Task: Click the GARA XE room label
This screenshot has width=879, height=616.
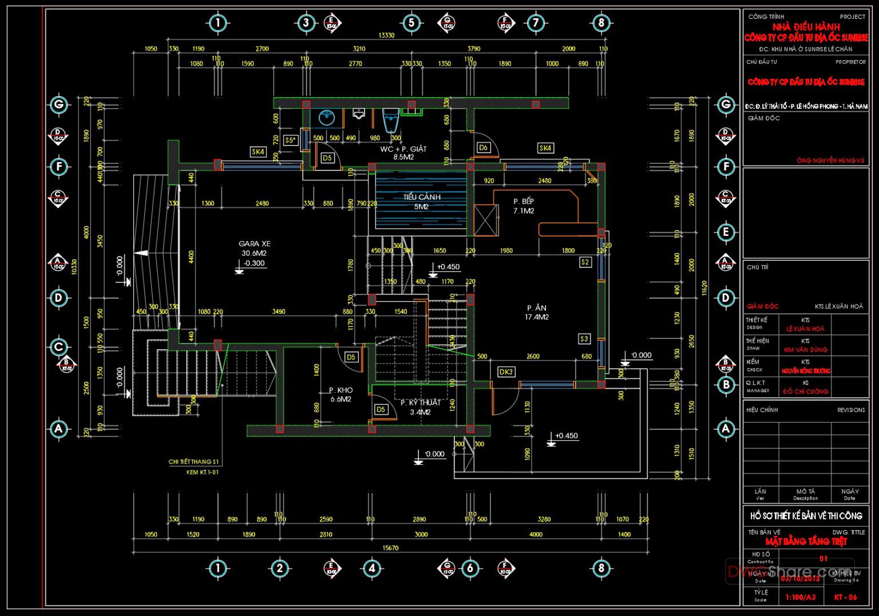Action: pyautogui.click(x=254, y=244)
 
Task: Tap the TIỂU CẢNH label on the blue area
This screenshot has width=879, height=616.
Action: pyautogui.click(x=422, y=198)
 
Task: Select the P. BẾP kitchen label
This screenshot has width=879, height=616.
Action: pyautogui.click(x=523, y=202)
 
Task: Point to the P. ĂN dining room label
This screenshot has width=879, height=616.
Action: pyautogui.click(x=536, y=308)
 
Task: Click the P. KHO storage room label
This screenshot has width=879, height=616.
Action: pyautogui.click(x=340, y=390)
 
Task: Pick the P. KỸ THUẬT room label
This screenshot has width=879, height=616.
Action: pyautogui.click(x=420, y=403)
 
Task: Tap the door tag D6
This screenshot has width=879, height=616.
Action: pyautogui.click(x=483, y=148)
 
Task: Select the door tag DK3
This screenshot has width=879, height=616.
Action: pyautogui.click(x=506, y=372)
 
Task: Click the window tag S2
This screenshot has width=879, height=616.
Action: pyautogui.click(x=585, y=262)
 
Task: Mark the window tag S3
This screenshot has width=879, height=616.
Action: pyautogui.click(x=584, y=339)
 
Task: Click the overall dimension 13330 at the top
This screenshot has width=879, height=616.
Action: pyautogui.click(x=386, y=35)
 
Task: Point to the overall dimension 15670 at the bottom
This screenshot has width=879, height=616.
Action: pyautogui.click(x=390, y=548)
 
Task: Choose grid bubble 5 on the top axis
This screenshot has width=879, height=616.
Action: pyautogui.click(x=411, y=23)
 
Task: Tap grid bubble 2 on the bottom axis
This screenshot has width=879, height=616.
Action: pyautogui.click(x=279, y=568)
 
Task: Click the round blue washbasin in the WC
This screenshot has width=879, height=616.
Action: pyautogui.click(x=327, y=118)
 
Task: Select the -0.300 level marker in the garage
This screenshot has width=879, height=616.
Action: pyautogui.click(x=254, y=263)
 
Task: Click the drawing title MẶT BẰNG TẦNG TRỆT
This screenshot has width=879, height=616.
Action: pyautogui.click(x=806, y=542)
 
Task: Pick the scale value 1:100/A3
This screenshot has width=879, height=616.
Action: pyautogui.click(x=800, y=597)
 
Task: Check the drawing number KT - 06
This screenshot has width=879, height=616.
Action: pyautogui.click(x=845, y=597)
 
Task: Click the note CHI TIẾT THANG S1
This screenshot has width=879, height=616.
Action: pyautogui.click(x=193, y=461)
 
